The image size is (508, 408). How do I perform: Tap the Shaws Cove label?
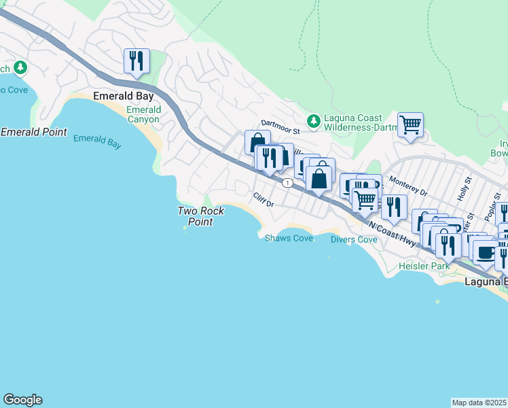pyautogui.click(x=289, y=238)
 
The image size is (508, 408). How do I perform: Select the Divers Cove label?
pyautogui.click(x=353, y=239)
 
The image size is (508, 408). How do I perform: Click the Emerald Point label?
pyautogui.click(x=34, y=132)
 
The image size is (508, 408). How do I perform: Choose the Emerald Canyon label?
pyautogui.click(x=143, y=114)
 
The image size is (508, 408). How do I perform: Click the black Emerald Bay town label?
pyautogui.click(x=124, y=97)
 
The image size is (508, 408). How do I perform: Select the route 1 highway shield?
pyautogui.click(x=288, y=183)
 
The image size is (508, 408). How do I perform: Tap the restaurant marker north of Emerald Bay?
pyautogui.click(x=137, y=61)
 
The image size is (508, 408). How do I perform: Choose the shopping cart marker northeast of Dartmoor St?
pyautogui.click(x=410, y=125)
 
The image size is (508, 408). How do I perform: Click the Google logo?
pyautogui.click(x=22, y=400)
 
